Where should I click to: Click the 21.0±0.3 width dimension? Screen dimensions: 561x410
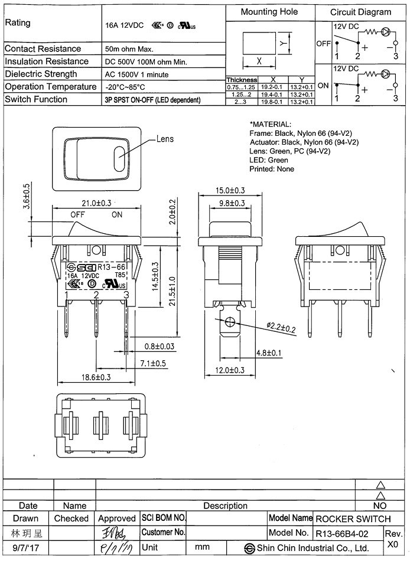coord(97,203)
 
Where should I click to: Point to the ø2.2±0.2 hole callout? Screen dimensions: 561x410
coord(281,328)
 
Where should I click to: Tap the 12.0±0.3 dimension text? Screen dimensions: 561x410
coord(230,370)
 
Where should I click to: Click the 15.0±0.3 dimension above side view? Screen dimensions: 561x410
coord(230,190)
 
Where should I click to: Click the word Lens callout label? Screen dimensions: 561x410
coord(165,140)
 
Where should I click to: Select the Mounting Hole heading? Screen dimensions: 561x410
coord(269,12)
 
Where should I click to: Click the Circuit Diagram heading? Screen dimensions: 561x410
coord(360,12)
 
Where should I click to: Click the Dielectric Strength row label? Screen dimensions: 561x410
coord(41,74)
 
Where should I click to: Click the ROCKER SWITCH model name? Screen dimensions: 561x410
coord(353,519)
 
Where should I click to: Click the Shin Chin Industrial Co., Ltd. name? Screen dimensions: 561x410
coord(313,548)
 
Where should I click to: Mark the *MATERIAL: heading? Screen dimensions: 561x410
coord(270,125)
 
